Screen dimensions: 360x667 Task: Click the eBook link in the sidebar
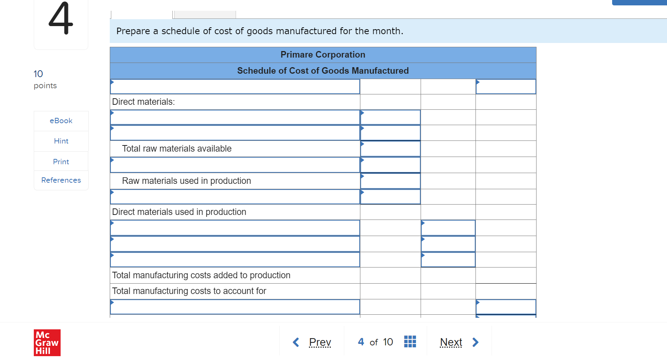pyautogui.click(x=61, y=121)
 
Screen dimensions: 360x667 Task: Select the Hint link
pyautogui.click(x=61, y=141)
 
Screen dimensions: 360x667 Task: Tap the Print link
pyautogui.click(x=61, y=162)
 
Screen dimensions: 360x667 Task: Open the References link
pyautogui.click(x=61, y=180)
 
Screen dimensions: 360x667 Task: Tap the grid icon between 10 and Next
pyautogui.click(x=410, y=342)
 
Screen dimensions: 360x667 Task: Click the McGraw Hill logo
pyautogui.click(x=47, y=342)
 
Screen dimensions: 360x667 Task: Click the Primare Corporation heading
pyautogui.click(x=323, y=55)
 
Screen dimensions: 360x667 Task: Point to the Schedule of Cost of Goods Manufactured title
pyautogui.click(x=323, y=71)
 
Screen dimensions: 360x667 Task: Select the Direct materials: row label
pyautogui.click(x=144, y=102)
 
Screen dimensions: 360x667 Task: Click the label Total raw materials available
pyautogui.click(x=177, y=149)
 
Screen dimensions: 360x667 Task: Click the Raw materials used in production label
pyautogui.click(x=187, y=181)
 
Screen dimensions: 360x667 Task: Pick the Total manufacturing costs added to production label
pyautogui.click(x=201, y=276)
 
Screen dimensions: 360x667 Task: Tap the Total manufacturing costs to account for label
pyautogui.click(x=189, y=291)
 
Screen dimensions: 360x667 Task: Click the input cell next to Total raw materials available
pyautogui.click(x=390, y=149)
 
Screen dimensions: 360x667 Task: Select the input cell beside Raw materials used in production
pyautogui.click(x=390, y=181)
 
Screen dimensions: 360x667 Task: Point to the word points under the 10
pyautogui.click(x=45, y=86)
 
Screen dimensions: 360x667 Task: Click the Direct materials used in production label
pyautogui.click(x=179, y=212)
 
